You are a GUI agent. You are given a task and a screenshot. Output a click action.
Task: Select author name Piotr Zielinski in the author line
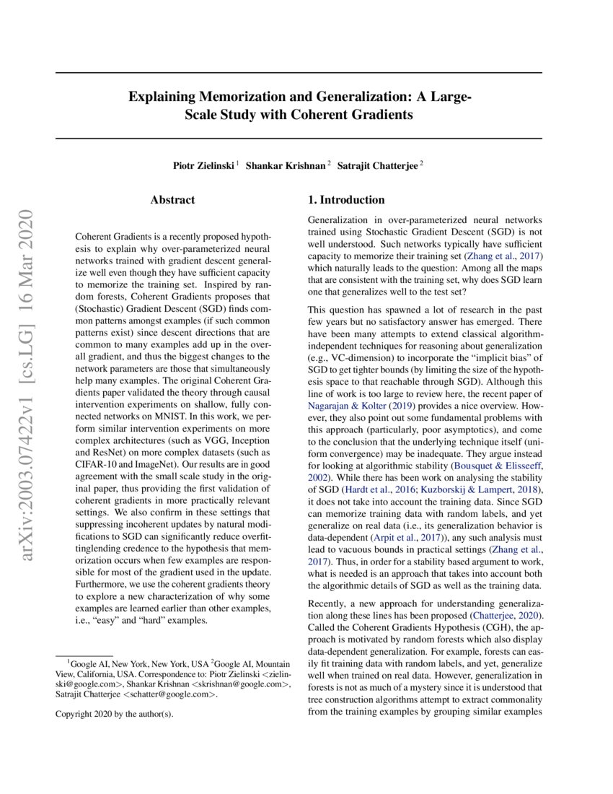203,165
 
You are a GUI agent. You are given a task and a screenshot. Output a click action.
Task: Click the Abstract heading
172,200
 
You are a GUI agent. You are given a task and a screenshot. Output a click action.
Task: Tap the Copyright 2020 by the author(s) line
115,714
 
